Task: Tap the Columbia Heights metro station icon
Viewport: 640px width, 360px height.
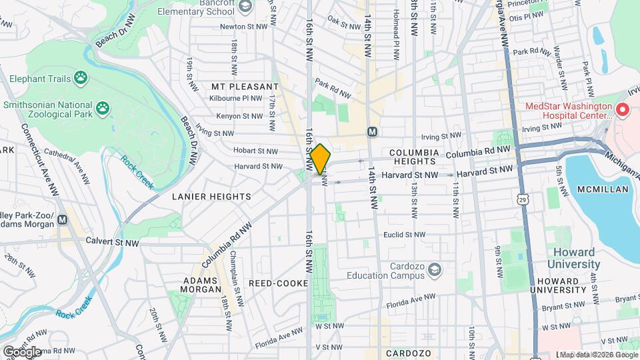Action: click(x=372, y=132)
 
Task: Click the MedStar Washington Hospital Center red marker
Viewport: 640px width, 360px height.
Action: click(x=623, y=109)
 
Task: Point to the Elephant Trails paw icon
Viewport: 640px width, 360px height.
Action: click(x=81, y=79)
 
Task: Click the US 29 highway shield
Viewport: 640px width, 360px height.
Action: click(x=524, y=199)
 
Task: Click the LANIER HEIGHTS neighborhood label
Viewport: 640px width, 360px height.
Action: click(x=211, y=197)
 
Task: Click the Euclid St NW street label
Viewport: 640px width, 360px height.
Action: click(x=404, y=235)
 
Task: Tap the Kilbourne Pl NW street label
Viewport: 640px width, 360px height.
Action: click(x=237, y=98)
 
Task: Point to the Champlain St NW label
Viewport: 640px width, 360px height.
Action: click(x=234, y=271)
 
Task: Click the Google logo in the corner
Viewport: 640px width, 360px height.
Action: click(x=21, y=351)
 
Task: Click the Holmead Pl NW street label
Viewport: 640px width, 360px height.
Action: click(x=396, y=23)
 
